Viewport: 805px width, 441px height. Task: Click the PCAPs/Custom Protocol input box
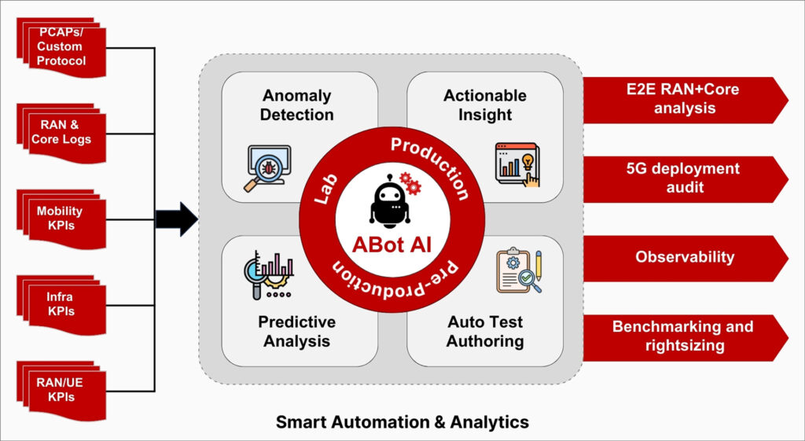61,48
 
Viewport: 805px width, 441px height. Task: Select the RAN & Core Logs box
61,134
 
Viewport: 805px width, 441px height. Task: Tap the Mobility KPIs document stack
61,219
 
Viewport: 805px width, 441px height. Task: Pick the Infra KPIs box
61,305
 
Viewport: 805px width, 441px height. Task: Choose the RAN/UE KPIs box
61,391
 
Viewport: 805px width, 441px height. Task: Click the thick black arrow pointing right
177,219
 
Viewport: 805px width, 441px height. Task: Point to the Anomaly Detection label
296,105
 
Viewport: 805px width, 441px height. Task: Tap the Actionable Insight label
485,105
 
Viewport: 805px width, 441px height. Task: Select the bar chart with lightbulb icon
517,164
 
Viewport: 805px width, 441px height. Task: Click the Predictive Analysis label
296,331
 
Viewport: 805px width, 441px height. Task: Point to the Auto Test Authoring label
485,331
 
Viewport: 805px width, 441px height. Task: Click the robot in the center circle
391,201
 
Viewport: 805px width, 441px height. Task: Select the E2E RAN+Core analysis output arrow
686,100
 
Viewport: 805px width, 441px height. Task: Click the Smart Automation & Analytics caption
402,422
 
